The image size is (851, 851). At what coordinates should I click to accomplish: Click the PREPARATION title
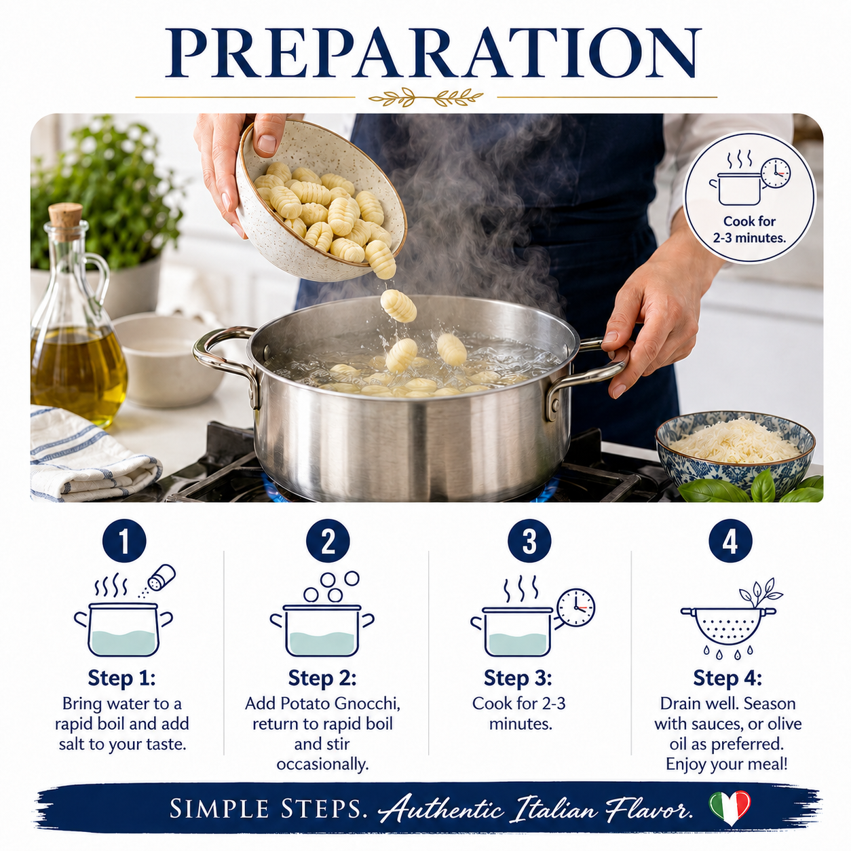(x=433, y=54)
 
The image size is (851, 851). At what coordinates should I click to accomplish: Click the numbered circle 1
(x=124, y=541)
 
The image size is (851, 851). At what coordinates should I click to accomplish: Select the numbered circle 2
(x=328, y=541)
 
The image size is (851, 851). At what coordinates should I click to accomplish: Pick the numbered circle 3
(x=529, y=541)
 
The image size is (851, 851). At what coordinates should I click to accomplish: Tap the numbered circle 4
(x=730, y=541)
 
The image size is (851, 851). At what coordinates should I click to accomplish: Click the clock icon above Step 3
(x=575, y=607)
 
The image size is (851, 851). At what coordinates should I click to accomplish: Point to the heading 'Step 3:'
(x=518, y=678)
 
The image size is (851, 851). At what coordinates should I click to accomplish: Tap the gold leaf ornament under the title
(x=425, y=97)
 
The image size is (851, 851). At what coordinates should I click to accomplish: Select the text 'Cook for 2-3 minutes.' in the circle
(x=749, y=229)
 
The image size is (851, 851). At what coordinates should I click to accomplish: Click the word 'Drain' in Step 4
(x=683, y=704)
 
